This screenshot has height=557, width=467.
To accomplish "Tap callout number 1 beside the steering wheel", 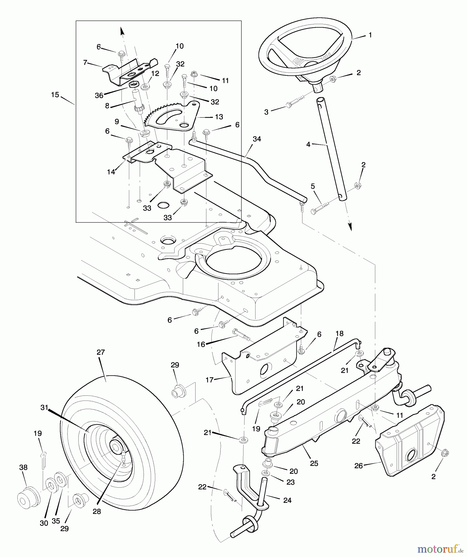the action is click(370, 35).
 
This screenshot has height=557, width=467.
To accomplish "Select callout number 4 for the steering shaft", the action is click(308, 144).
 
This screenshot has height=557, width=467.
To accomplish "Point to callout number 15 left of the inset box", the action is click(55, 95).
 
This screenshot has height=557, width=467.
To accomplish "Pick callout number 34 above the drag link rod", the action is click(257, 139).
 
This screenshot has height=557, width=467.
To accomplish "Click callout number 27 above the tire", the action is click(101, 352).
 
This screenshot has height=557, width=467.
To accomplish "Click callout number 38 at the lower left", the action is click(24, 468).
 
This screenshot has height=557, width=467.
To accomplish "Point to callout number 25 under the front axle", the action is click(314, 463).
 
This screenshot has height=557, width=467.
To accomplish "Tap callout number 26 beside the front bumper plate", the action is click(358, 466).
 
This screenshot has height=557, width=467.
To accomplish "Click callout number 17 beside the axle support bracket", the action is click(209, 380).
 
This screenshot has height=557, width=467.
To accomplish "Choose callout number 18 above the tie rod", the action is click(339, 333).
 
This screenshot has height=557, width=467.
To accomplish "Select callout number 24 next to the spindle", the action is click(287, 500).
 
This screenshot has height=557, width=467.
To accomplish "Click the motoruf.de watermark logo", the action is click(439, 549).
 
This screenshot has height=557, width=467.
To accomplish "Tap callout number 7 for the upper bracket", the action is click(85, 63).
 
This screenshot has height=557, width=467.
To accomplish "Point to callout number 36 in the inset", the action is click(99, 96).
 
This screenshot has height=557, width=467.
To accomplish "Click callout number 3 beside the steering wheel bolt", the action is click(266, 112).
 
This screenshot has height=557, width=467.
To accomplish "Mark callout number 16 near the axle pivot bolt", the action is click(201, 344).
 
